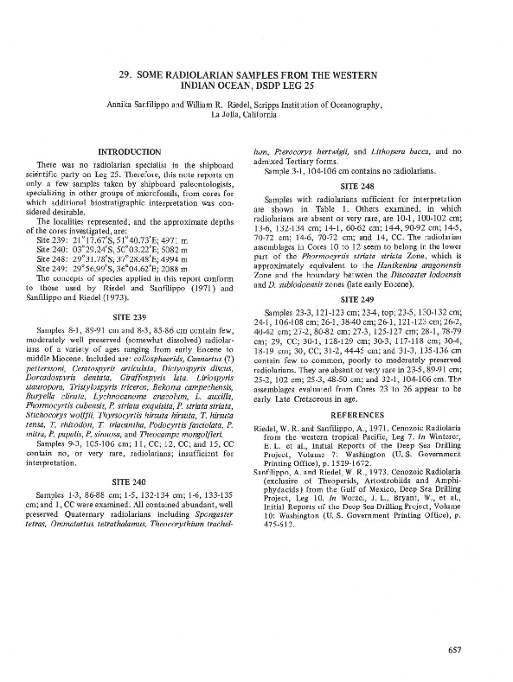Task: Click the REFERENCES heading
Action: pos(383,414)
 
